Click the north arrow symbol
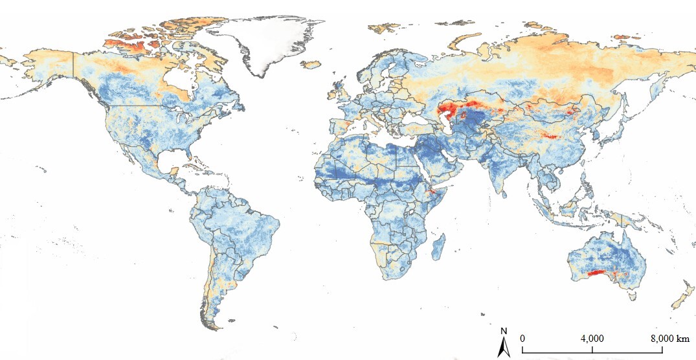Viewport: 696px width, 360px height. pos(503,348)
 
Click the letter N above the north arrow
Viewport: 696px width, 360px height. pos(504,333)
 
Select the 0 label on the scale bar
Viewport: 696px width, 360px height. pos(522,339)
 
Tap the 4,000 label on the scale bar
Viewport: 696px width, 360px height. pos(592,339)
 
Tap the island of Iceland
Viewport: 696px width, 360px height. pos(311,64)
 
